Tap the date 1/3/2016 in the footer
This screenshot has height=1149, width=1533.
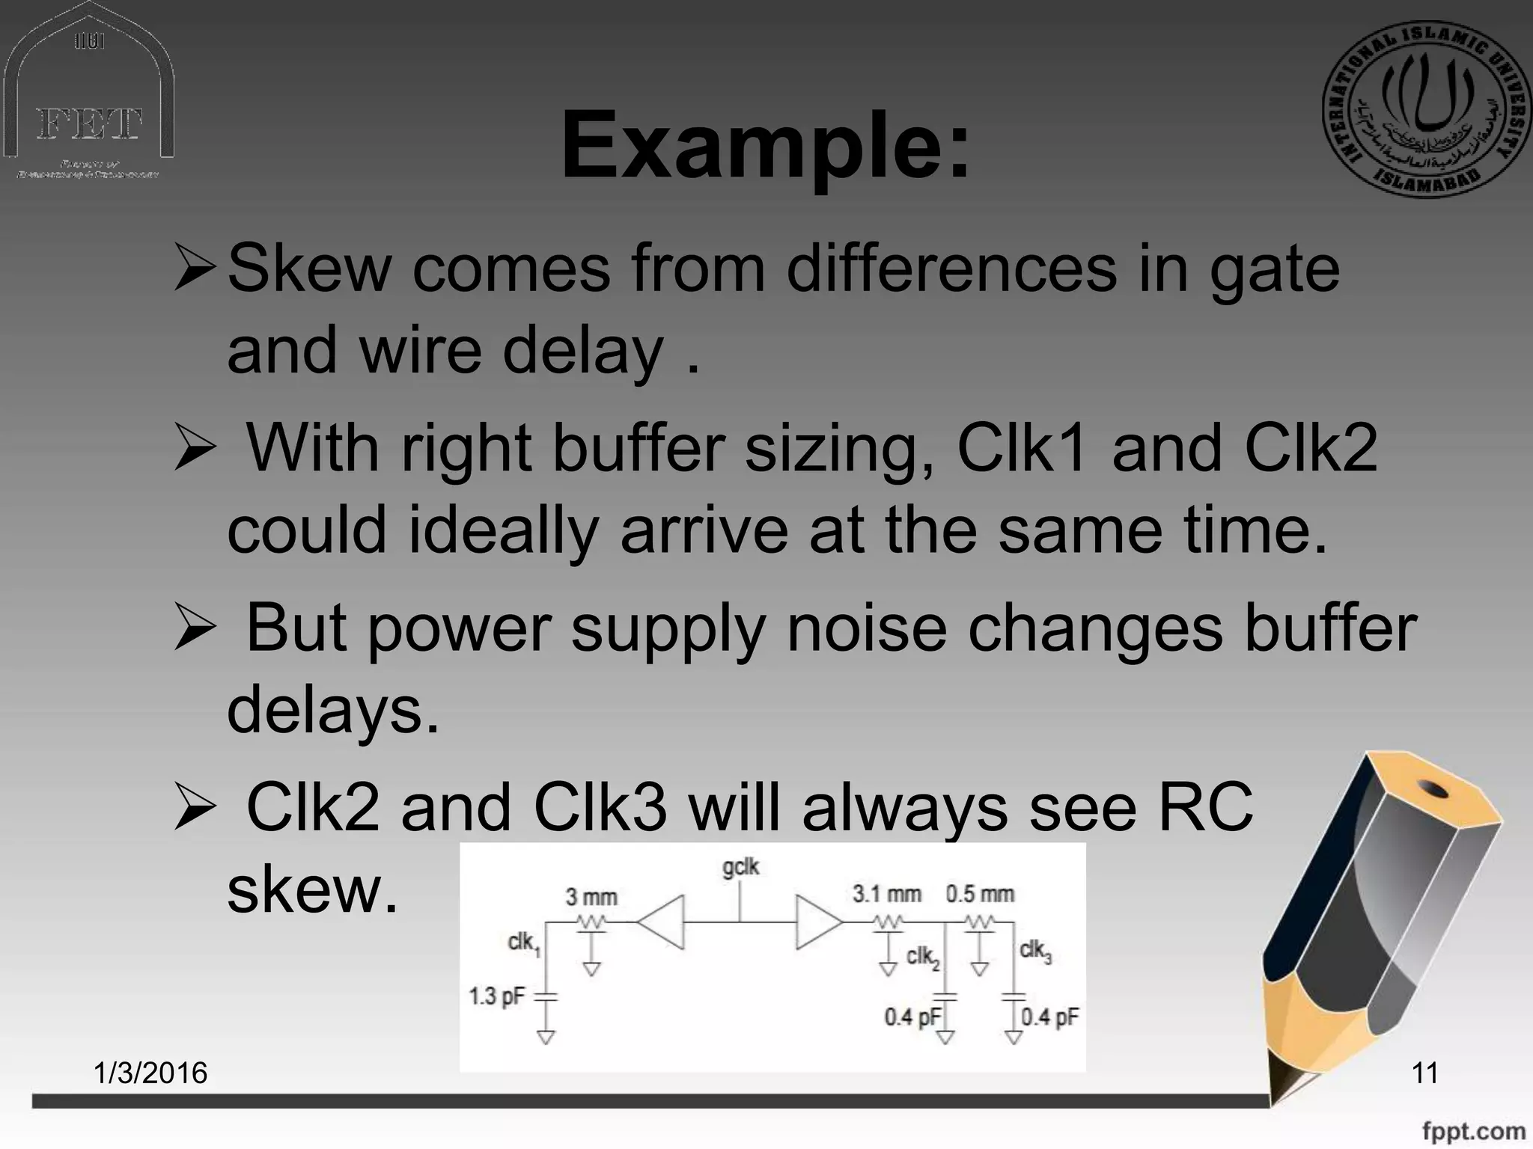pyautogui.click(x=150, y=1073)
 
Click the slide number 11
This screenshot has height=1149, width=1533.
pyautogui.click(x=1424, y=1073)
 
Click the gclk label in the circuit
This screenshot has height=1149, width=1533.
pyautogui.click(x=740, y=867)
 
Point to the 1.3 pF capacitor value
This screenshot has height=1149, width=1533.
pyautogui.click(x=496, y=996)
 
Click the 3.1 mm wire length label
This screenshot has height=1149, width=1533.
pyautogui.click(x=887, y=894)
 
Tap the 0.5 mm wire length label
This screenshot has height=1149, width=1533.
pyautogui.click(x=980, y=894)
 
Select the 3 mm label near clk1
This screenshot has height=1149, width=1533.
pyautogui.click(x=591, y=897)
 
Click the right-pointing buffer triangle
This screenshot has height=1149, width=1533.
pyautogui.click(x=817, y=922)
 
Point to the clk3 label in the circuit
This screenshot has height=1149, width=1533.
pyautogui.click(x=1035, y=952)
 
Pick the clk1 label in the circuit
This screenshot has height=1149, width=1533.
pyautogui.click(x=523, y=943)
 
